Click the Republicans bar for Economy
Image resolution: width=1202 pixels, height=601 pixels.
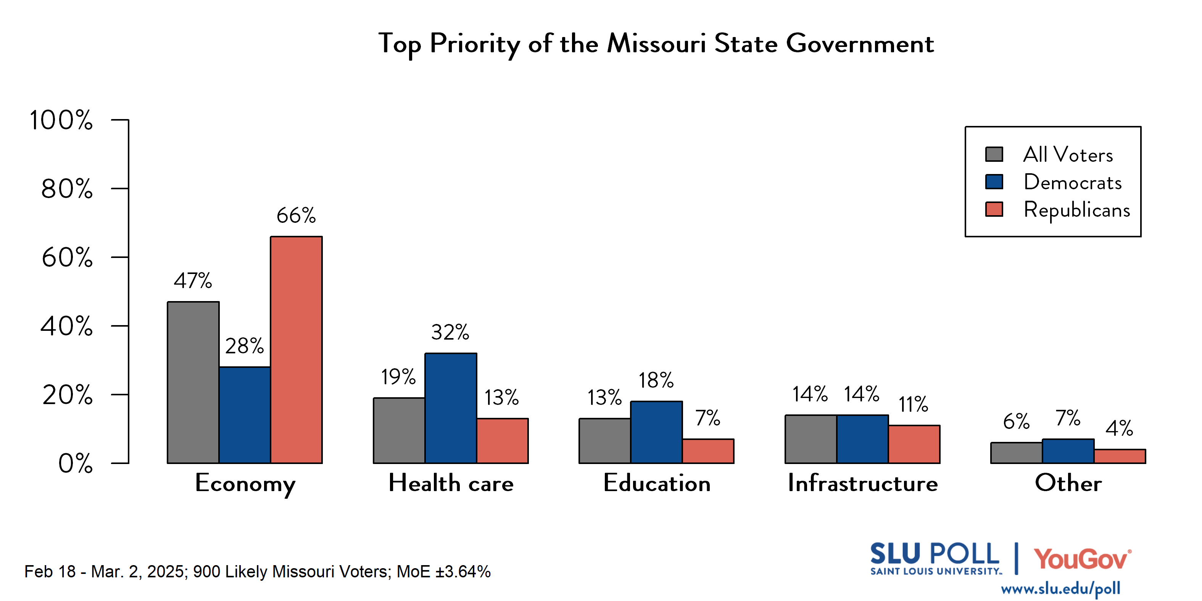pyautogui.click(x=296, y=350)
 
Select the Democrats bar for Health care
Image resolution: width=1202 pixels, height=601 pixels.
pyautogui.click(x=451, y=408)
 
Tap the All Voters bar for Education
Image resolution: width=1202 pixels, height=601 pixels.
pyautogui.click(x=605, y=441)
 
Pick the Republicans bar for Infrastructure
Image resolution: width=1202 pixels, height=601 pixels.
pyautogui.click(x=914, y=444)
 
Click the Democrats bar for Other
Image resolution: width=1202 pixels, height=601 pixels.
pyautogui.click(x=1068, y=451)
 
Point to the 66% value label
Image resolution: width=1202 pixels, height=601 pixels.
pyautogui.click(x=296, y=216)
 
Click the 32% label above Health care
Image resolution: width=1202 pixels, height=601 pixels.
pyautogui.click(x=450, y=332)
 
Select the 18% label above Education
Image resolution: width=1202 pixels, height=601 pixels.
pyautogui.click(x=656, y=380)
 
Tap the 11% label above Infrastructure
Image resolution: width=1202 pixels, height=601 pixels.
pyautogui.click(x=914, y=404)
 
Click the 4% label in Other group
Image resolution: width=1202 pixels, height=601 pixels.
pyautogui.click(x=1119, y=428)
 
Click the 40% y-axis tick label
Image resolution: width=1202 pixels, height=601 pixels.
pyautogui.click(x=67, y=326)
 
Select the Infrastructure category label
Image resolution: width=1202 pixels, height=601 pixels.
pyautogui.click(x=863, y=483)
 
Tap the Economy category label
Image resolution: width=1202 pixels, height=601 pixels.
pyautogui.click(x=245, y=484)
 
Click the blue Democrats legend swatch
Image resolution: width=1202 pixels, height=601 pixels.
pyautogui.click(x=994, y=182)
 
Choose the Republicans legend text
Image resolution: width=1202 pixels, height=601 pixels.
pyautogui.click(x=1077, y=210)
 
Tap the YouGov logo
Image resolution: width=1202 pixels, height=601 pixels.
pyautogui.click(x=1082, y=559)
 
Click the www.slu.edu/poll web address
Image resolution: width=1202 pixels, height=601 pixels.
pyautogui.click(x=1060, y=588)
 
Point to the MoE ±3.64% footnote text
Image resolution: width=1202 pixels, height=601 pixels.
pyautogui.click(x=443, y=572)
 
